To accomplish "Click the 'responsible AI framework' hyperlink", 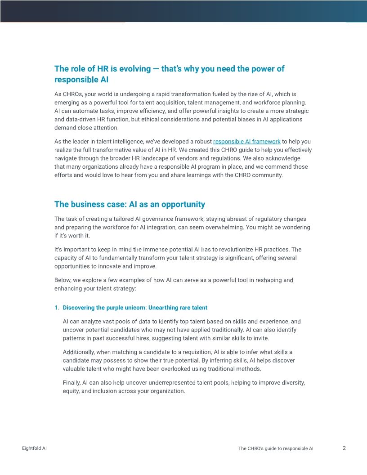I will [246, 142].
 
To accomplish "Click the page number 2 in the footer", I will [344, 448].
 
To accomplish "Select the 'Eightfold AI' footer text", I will [34, 448].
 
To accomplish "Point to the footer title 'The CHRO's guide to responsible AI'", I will [276, 448].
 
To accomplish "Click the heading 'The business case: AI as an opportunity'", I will [130, 204].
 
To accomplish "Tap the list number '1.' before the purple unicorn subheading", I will [57, 308].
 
